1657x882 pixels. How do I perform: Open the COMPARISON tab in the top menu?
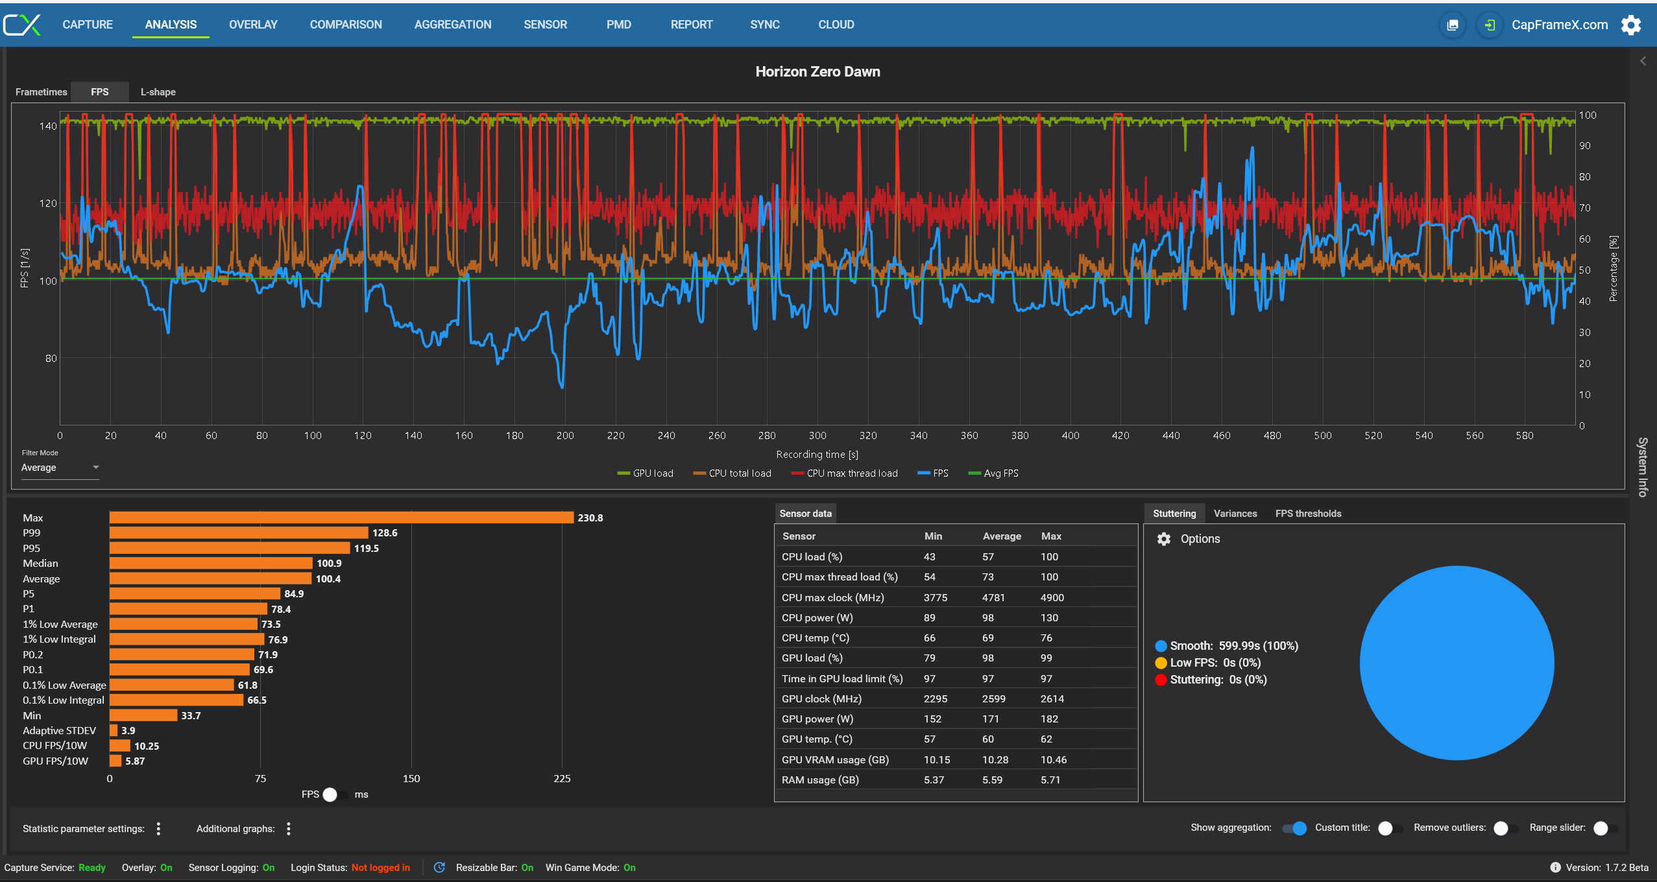coord(346,25)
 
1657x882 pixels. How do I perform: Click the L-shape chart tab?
coord(158,92)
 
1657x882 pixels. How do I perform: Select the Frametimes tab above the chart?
coord(42,92)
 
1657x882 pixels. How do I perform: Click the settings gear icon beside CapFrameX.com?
coord(1631,25)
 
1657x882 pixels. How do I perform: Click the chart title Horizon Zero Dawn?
coord(817,71)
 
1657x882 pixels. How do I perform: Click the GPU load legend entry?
coord(645,473)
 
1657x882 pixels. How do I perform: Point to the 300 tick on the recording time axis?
coord(817,436)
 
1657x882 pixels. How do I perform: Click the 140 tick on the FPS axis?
coord(48,126)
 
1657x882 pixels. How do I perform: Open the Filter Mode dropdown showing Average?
coord(60,468)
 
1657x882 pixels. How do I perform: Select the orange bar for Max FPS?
coord(342,518)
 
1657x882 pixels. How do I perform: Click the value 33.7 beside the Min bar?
coord(191,716)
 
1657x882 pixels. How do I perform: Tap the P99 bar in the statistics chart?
coord(239,533)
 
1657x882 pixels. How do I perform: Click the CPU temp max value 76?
coord(1046,638)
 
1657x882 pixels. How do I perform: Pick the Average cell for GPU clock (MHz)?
coord(994,699)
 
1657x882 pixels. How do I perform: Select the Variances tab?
coord(1235,514)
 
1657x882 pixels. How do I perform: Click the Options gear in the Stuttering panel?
coord(1164,539)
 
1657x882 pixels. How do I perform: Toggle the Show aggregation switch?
coord(1295,828)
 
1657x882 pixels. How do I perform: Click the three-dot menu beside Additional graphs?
coord(289,829)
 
